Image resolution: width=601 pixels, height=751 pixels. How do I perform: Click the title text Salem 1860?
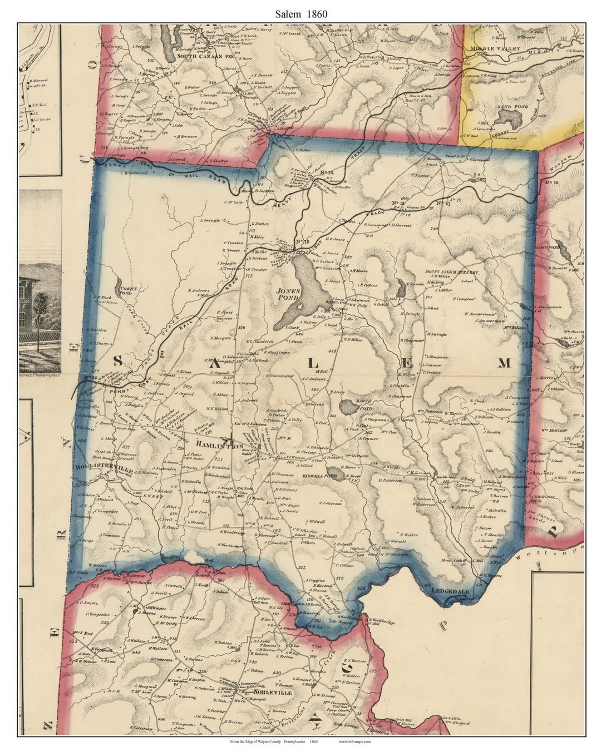(x=300, y=14)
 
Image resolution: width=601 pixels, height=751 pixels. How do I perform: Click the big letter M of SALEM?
(x=504, y=363)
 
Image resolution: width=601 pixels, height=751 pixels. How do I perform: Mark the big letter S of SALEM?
(x=117, y=361)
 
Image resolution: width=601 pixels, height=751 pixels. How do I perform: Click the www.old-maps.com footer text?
(x=354, y=742)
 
